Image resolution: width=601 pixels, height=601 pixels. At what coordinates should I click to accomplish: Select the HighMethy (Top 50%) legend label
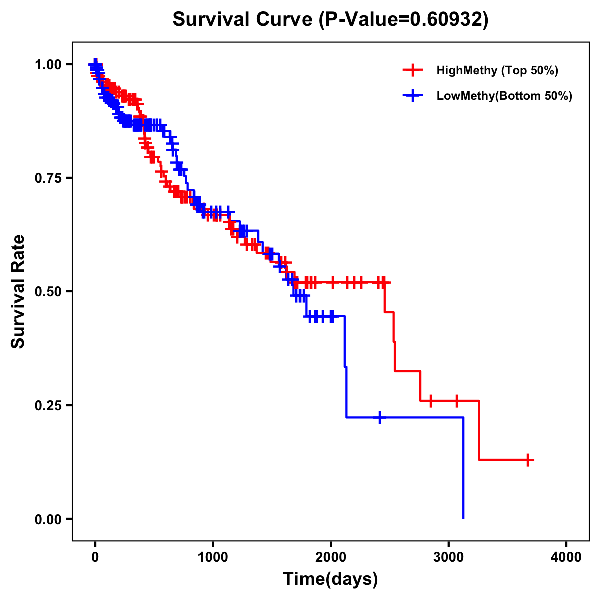pyautogui.click(x=497, y=70)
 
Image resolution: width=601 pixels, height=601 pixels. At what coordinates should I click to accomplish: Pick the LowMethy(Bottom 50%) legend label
pyautogui.click(x=504, y=96)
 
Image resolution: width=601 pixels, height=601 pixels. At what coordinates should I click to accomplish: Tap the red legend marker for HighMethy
pyautogui.click(x=412, y=70)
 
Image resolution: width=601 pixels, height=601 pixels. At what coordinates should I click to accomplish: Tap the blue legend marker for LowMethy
pyautogui.click(x=412, y=96)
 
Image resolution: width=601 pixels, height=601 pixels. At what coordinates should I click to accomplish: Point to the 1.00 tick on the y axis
pyautogui.click(x=48, y=65)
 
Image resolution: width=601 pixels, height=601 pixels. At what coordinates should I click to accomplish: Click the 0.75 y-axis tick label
pyautogui.click(x=48, y=178)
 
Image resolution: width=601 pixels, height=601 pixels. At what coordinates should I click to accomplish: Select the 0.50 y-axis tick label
pyautogui.click(x=48, y=292)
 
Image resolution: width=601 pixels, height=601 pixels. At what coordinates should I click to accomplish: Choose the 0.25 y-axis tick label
pyautogui.click(x=48, y=406)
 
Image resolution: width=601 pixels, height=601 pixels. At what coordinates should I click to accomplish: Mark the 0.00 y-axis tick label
pyautogui.click(x=48, y=519)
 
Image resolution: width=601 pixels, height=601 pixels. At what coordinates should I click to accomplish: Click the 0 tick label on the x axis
pyautogui.click(x=95, y=557)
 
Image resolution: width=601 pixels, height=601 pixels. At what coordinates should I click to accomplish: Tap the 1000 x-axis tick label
pyautogui.click(x=213, y=557)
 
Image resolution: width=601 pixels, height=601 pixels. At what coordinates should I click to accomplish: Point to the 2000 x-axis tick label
pyautogui.click(x=331, y=557)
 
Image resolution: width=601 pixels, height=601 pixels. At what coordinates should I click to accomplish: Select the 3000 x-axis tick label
pyautogui.click(x=449, y=557)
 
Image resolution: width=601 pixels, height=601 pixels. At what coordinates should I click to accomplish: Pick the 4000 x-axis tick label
pyautogui.click(x=566, y=557)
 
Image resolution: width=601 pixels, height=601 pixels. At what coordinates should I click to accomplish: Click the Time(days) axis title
pyautogui.click(x=331, y=579)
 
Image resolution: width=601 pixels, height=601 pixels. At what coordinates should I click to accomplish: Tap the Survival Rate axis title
pyautogui.click(x=19, y=291)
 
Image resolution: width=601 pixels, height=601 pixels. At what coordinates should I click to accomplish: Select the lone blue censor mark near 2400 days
pyautogui.click(x=380, y=417)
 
